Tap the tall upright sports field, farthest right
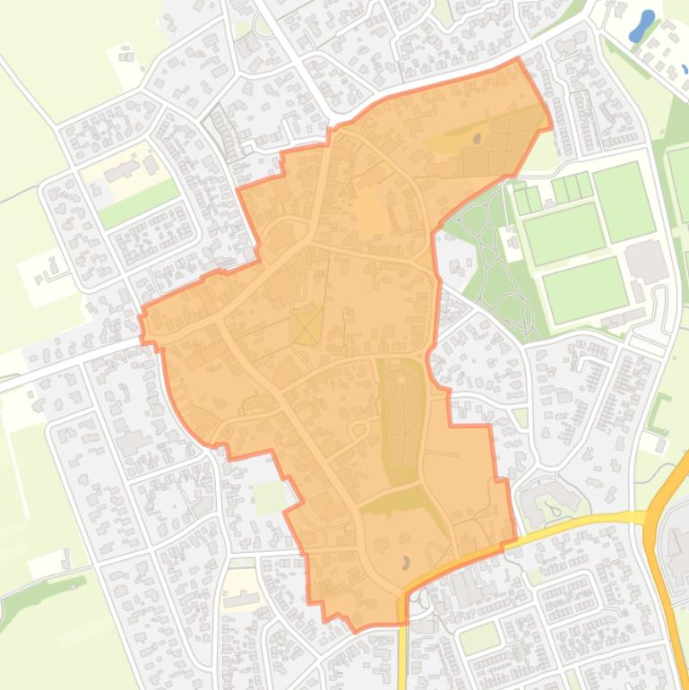coord(624,201)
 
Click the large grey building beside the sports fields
coord(646,261)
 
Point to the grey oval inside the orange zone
coord(477,139)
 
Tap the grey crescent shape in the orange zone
coord(406,563)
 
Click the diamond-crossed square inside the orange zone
coord(307,324)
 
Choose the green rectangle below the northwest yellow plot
coord(137,203)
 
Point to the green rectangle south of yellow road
coord(478,638)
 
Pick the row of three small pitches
coord(573,188)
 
